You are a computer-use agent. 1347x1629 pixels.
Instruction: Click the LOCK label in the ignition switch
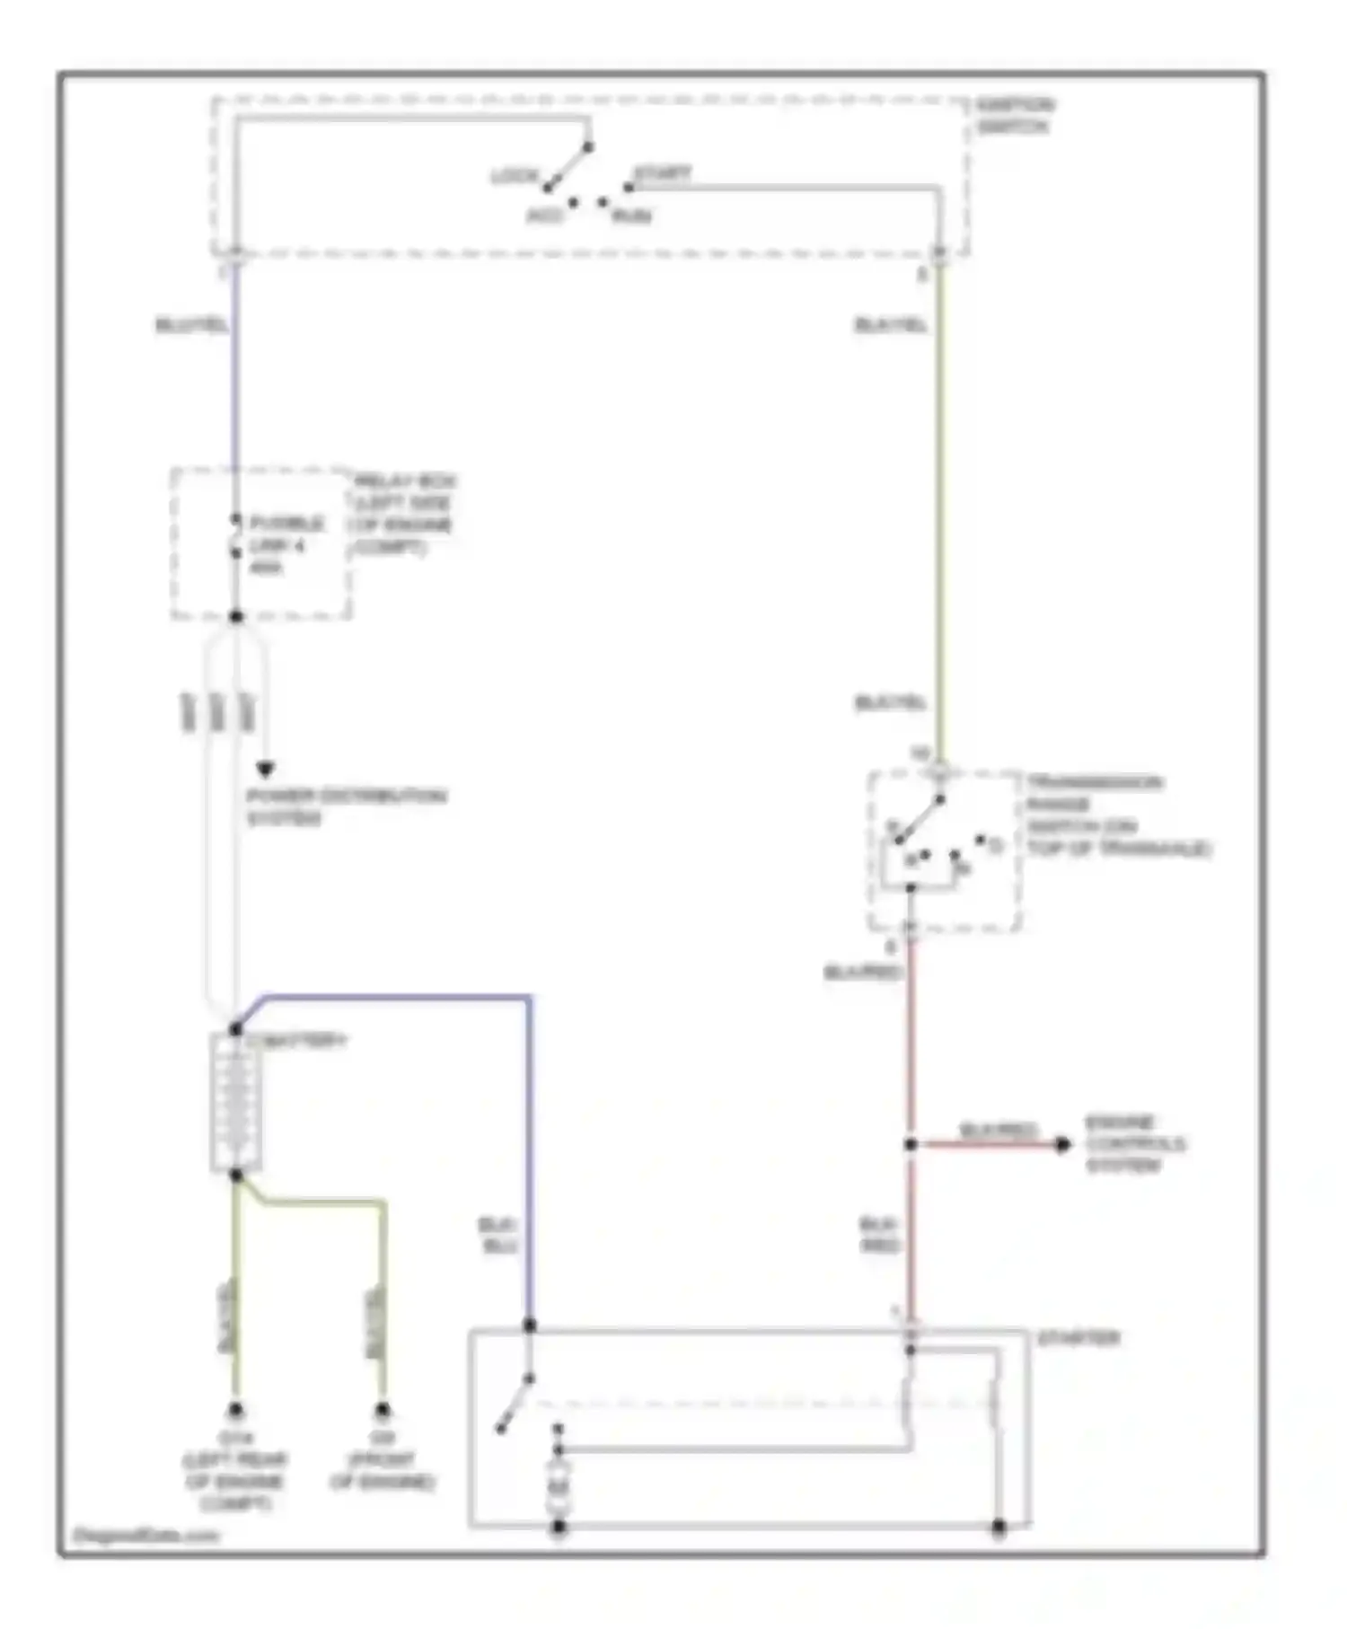click(x=515, y=176)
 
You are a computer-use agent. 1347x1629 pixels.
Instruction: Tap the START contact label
click(x=663, y=172)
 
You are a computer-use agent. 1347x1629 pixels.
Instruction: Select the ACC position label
click(x=544, y=216)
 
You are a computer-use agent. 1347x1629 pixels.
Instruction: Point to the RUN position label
click(x=631, y=216)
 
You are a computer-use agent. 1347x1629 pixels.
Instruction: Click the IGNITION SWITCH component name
click(x=1015, y=116)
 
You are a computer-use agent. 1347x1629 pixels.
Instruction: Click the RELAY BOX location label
click(x=403, y=514)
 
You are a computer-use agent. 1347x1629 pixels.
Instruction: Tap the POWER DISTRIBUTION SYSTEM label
click(x=346, y=806)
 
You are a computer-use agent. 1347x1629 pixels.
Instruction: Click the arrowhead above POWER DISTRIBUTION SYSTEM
click(x=265, y=770)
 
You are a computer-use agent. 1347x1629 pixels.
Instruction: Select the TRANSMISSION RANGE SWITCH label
click(x=1117, y=815)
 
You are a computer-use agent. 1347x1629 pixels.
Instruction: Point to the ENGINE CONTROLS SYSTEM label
click(x=1134, y=1143)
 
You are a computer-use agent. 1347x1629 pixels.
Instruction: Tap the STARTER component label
click(x=1078, y=1338)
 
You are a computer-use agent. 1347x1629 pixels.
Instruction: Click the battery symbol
click(x=236, y=1104)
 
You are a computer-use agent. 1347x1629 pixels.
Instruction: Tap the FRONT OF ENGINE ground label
click(x=383, y=1470)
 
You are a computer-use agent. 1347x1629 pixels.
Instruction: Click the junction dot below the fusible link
click(x=236, y=616)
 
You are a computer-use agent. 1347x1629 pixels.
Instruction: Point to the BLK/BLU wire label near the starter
click(x=497, y=1236)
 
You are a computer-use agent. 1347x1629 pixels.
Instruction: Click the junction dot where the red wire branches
click(x=911, y=1144)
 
